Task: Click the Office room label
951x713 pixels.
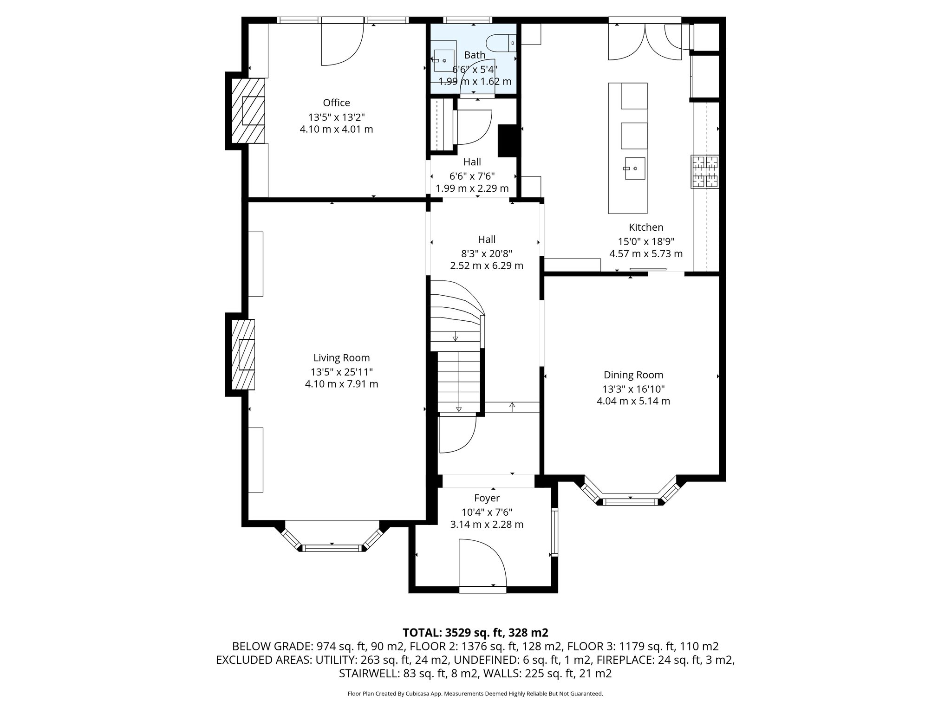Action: (336, 103)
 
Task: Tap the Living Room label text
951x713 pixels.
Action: (341, 358)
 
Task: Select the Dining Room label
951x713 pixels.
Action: (633, 375)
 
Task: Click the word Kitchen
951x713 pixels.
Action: (646, 227)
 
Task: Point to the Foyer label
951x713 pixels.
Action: (487, 498)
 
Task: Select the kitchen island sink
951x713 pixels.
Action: (634, 169)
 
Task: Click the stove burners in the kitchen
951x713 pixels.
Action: (704, 172)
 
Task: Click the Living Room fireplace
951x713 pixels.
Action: (244, 354)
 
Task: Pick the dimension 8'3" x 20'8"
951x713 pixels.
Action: (487, 253)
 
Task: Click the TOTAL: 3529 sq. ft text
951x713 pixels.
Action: (475, 633)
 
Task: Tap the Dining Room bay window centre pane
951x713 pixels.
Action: (630, 501)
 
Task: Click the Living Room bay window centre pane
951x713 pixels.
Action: (332, 548)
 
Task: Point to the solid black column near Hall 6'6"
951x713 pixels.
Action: (507, 141)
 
